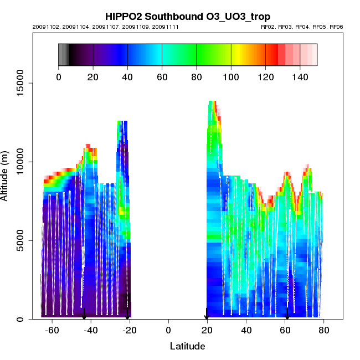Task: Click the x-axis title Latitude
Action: pos(187,346)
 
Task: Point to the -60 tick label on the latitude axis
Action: pos(52,331)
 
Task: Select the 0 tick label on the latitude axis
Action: pos(168,331)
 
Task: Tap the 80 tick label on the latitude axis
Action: pos(324,331)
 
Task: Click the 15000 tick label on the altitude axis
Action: pos(22,84)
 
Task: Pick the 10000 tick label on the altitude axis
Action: pos(22,162)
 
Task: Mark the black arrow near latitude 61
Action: pos(287,315)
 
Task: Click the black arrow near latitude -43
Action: pos(84,315)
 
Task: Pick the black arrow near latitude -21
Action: pos(127,315)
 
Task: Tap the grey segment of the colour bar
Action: pos(63,54)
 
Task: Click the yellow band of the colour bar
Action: pos(235,54)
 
